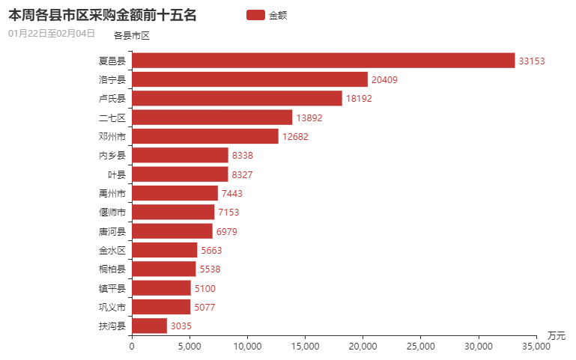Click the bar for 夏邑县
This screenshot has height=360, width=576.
323,61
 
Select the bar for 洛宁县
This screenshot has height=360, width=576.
249,79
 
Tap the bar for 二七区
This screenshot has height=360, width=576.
212,118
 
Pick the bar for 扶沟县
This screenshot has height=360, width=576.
149,326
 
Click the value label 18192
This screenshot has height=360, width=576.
358,99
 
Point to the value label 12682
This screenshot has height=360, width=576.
294,137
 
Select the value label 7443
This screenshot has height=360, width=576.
232,194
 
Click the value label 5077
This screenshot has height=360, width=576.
204,307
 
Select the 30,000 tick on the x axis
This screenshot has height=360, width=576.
478,346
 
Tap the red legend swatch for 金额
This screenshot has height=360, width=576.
255,15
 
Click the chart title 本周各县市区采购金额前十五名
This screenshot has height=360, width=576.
102,15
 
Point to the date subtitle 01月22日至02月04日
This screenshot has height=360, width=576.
51,34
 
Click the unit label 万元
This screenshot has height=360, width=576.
556,335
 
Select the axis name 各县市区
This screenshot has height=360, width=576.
132,35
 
